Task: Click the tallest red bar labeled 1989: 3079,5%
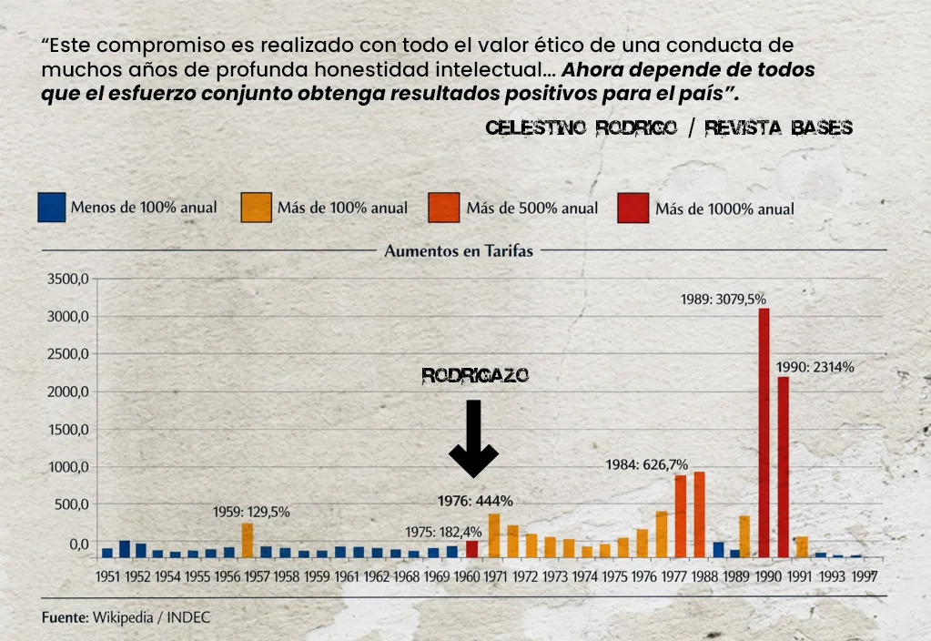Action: [764, 432]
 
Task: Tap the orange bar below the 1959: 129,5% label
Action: [247, 539]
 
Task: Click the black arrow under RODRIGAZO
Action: [472, 437]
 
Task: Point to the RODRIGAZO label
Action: [475, 376]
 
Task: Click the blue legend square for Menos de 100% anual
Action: [52, 208]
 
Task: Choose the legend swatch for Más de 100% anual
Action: [256, 208]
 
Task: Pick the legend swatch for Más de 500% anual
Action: [444, 208]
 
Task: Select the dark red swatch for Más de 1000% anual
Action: [633, 208]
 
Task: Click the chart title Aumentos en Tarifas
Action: [459, 250]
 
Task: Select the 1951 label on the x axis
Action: [107, 576]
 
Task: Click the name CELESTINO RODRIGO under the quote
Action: [581, 128]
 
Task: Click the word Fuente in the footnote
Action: [65, 617]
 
